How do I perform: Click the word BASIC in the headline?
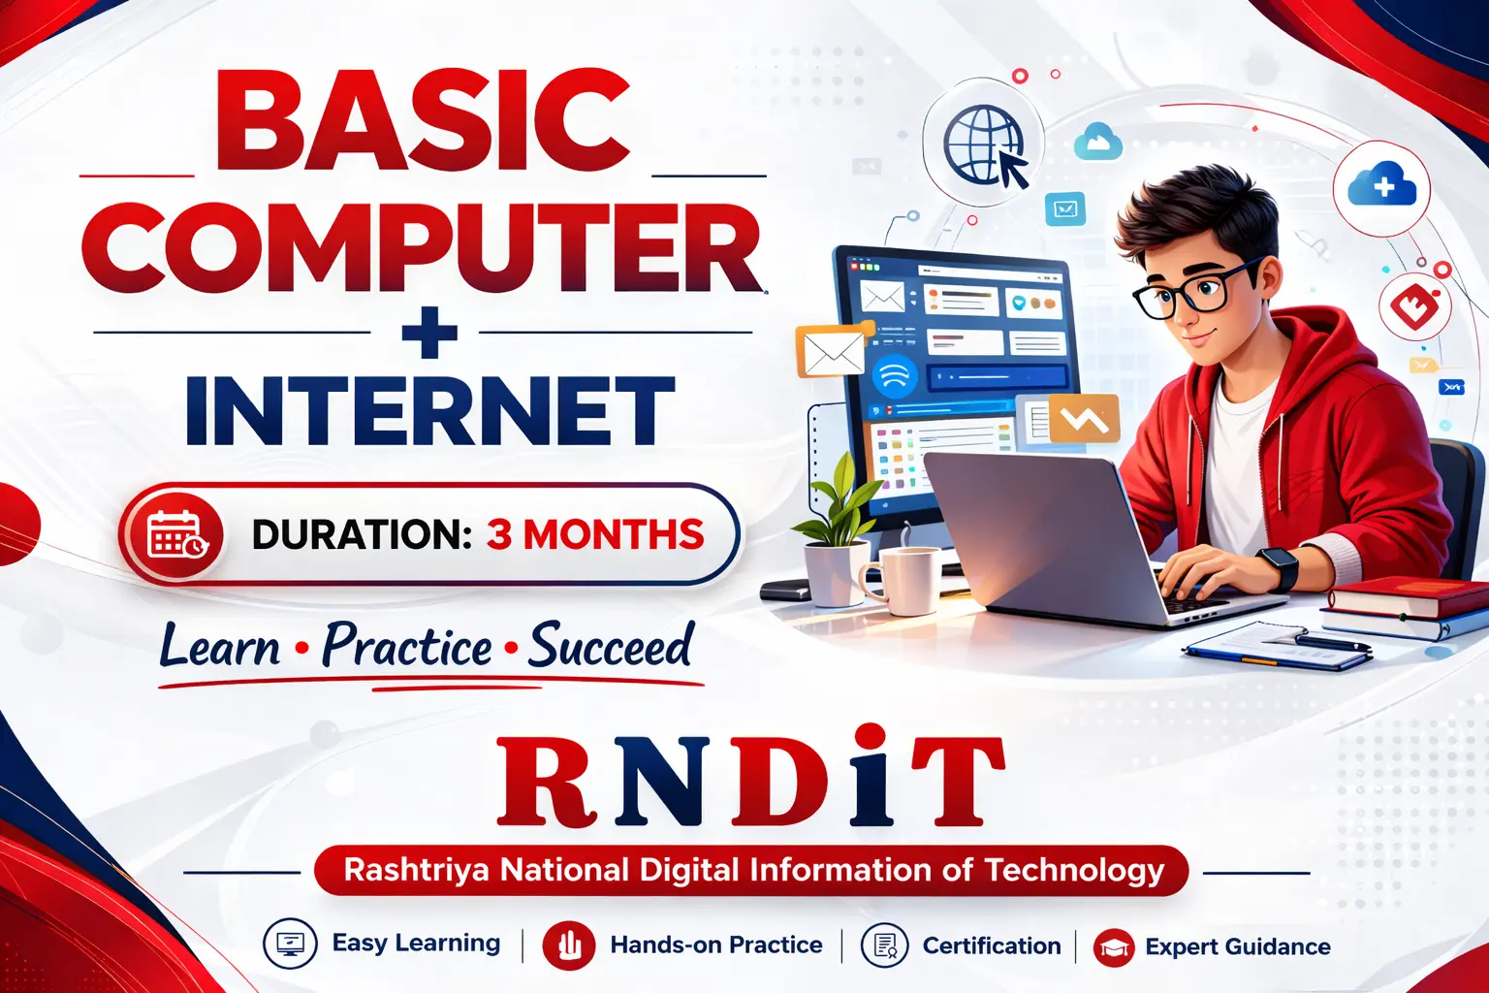423,119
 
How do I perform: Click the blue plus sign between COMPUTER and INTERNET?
429,332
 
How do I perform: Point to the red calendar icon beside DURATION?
176,534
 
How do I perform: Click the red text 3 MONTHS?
595,534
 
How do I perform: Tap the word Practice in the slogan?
407,645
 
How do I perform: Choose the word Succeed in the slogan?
610,645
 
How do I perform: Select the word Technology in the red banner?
1074,871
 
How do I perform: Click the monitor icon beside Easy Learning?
290,944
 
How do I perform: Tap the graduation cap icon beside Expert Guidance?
1114,947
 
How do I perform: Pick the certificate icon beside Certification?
885,945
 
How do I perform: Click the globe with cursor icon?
985,146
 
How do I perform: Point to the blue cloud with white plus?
1382,184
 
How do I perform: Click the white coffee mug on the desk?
900,581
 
